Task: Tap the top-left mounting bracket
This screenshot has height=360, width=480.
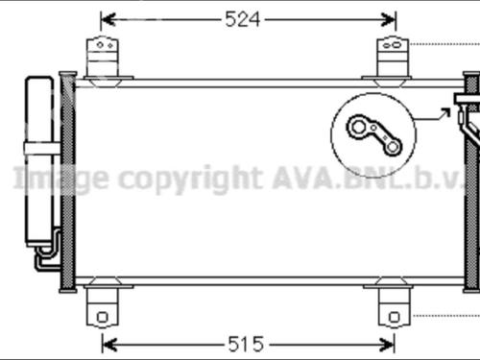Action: (x=103, y=57)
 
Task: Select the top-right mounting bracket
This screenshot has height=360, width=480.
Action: (x=391, y=57)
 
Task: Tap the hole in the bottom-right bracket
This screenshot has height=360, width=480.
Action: (x=391, y=315)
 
